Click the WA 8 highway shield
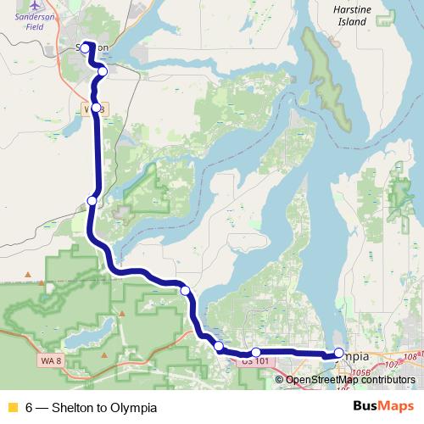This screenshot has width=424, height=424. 50,360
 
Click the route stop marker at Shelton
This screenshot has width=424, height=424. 85,49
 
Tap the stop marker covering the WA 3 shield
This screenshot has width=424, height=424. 97,108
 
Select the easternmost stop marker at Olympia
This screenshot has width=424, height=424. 339,354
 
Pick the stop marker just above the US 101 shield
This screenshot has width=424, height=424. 256,352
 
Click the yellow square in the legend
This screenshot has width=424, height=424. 12,407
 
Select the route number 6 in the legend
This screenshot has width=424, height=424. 29,407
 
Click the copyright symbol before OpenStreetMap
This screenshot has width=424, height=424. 280,379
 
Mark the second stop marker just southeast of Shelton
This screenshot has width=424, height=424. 102,71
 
